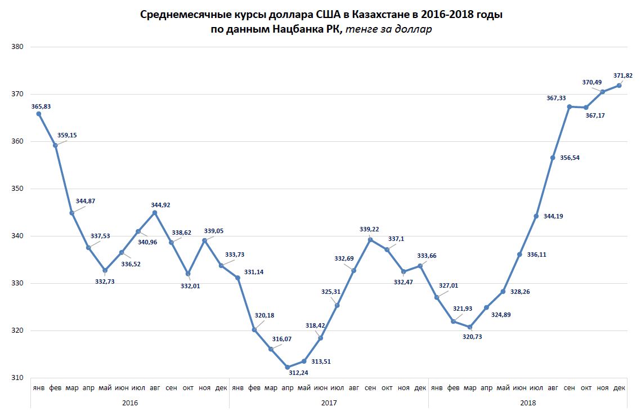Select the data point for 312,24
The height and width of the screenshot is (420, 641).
pyautogui.click(x=288, y=367)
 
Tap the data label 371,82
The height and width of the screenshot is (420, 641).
pyautogui.click(x=622, y=75)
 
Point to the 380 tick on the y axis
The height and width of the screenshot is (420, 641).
pyautogui.click(x=17, y=47)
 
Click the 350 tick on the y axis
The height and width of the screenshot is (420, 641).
pyautogui.click(x=17, y=189)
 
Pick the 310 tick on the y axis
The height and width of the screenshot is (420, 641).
pyautogui.click(x=17, y=378)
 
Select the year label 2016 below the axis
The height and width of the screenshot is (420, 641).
pyautogui.click(x=129, y=403)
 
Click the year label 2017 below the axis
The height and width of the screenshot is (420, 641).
pyautogui.click(x=329, y=403)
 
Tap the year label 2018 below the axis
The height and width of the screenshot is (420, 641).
pyautogui.click(x=527, y=403)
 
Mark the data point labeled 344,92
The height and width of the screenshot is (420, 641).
pyautogui.click(x=155, y=212)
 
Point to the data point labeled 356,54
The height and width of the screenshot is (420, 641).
pyautogui.click(x=553, y=158)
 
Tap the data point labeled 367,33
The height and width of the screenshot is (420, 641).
pyautogui.click(x=570, y=106)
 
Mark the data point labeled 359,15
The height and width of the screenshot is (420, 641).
pyautogui.click(x=55, y=145)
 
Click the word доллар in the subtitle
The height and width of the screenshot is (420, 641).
pyautogui.click(x=414, y=30)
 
